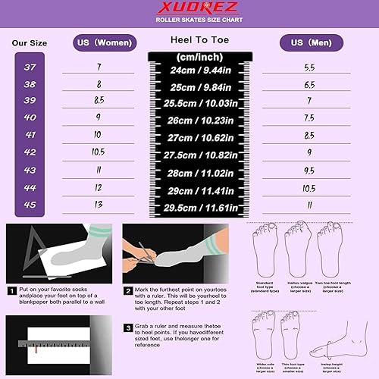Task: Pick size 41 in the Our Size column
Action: tap(30, 134)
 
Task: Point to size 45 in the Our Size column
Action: tap(30, 204)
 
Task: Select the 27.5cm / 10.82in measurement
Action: tap(201, 154)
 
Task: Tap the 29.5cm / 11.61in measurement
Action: tap(201, 205)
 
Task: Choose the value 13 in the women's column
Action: tap(99, 205)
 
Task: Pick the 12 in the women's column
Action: tap(99, 187)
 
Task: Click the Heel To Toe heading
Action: tap(200, 39)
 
